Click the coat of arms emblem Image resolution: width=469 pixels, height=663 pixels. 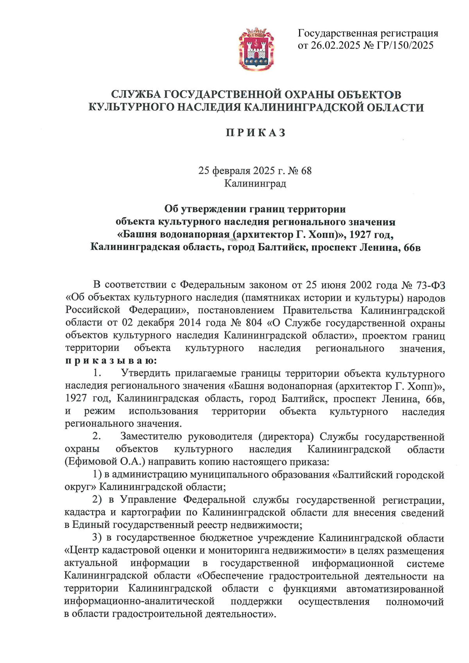click(x=256, y=49)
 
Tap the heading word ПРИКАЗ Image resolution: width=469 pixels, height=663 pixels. click(x=256, y=133)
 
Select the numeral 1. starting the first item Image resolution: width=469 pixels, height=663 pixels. click(x=97, y=373)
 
